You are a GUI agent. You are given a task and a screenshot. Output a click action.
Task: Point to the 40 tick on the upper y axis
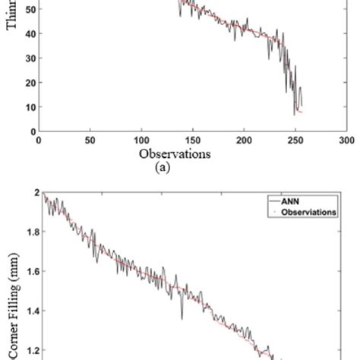click(30, 35)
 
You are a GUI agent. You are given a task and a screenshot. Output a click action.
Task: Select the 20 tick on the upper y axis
click(30, 83)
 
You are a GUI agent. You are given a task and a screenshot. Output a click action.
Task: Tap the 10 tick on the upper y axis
click(30, 107)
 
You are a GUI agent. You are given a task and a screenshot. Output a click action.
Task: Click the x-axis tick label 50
click(90, 141)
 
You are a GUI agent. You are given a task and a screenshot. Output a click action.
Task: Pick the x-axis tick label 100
click(141, 141)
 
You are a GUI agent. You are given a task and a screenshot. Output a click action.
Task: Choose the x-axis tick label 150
click(193, 141)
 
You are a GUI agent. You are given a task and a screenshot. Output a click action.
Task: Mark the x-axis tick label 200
click(245, 141)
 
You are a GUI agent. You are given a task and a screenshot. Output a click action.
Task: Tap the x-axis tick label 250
click(296, 141)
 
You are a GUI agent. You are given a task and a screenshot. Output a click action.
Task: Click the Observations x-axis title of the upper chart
click(174, 154)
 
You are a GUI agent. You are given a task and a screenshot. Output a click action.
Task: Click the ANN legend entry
click(301, 203)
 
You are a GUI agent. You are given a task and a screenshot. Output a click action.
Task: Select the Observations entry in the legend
click(308, 213)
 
